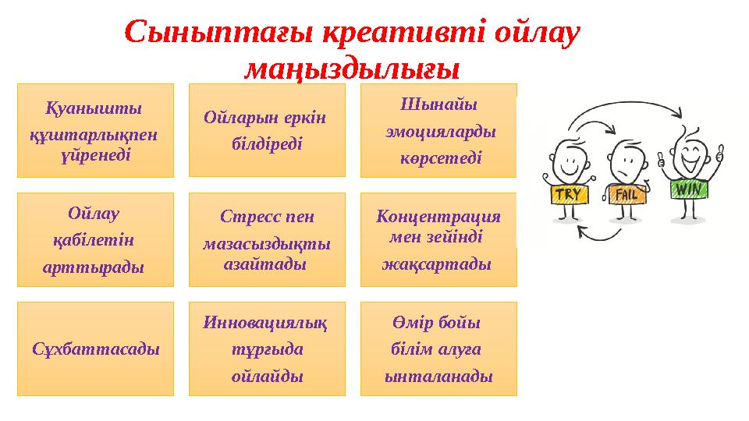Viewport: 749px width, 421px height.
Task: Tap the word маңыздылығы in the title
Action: (x=351, y=70)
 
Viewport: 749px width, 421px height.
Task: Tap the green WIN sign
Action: (x=688, y=189)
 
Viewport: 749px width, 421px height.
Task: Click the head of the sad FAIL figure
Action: (x=629, y=161)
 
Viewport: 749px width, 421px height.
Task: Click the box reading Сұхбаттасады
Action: (x=96, y=348)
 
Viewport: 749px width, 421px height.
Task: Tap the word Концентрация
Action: (x=438, y=216)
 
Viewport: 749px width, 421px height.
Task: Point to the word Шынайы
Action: (x=438, y=104)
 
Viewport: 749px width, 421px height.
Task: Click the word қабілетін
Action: (x=95, y=240)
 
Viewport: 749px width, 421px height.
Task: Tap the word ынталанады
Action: (x=438, y=376)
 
